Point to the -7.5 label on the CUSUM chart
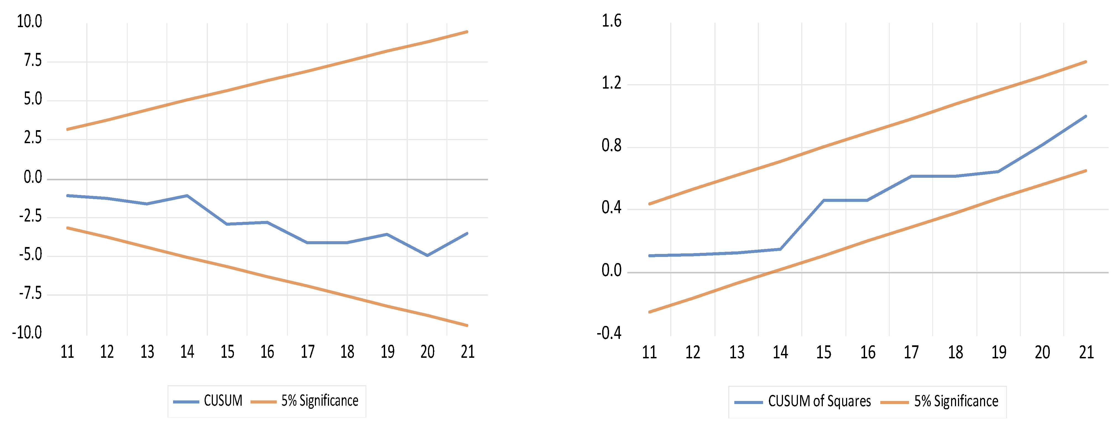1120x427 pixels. (x=30, y=294)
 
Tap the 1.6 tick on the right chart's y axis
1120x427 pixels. (x=611, y=21)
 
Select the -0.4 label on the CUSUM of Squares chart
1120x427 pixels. (x=609, y=333)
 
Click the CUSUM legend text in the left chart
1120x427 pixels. (x=223, y=400)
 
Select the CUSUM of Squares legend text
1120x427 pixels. (x=819, y=401)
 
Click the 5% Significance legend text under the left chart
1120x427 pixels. (x=320, y=400)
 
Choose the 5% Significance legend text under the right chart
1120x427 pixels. (x=956, y=401)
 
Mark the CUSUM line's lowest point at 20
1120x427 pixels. (x=427, y=256)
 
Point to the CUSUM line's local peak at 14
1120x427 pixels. (x=187, y=196)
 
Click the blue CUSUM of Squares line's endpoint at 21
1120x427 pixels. (x=1086, y=116)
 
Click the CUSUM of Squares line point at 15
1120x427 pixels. (x=823, y=200)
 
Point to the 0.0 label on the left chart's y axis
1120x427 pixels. (x=33, y=177)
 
